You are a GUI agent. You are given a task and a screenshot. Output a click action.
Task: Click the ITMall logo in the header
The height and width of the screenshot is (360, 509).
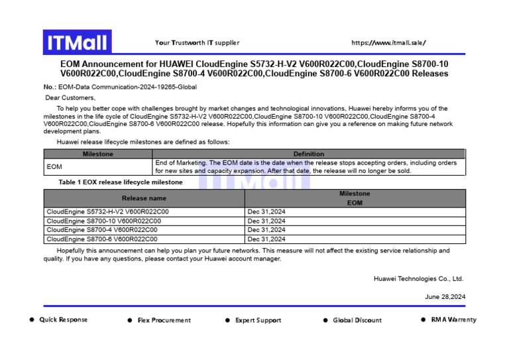[77, 42]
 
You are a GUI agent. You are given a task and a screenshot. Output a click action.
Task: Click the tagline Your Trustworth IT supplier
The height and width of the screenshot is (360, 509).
[198, 43]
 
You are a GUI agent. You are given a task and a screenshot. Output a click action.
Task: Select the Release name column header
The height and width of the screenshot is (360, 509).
[144, 198]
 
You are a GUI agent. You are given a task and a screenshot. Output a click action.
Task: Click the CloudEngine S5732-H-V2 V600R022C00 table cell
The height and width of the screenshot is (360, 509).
[107, 212]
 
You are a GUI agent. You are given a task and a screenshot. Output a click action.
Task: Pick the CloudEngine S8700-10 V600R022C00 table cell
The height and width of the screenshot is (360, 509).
[103, 221]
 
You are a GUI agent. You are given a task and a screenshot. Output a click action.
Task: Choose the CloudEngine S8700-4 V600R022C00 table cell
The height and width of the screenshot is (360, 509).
[101, 230]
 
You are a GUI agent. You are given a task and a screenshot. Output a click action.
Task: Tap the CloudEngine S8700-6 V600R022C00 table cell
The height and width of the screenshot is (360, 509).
[101, 239]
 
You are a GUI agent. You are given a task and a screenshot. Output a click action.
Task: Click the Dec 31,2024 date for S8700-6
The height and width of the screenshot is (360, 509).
[266, 239]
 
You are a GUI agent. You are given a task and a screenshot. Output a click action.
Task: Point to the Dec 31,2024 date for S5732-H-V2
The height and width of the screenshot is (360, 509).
[266, 212]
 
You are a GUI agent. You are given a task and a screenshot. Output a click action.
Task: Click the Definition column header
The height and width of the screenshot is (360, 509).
[309, 154]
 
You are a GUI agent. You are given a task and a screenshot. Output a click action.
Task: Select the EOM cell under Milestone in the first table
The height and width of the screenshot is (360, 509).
[54, 167]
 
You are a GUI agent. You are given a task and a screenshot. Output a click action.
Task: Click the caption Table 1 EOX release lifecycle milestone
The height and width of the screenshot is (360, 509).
[121, 182]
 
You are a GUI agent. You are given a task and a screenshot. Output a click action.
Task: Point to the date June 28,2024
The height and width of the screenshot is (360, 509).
[445, 297]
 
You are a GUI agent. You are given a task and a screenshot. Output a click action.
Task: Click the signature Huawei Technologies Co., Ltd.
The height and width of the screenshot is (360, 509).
[418, 279]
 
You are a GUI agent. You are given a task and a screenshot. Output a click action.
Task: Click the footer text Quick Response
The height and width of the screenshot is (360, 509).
[63, 320]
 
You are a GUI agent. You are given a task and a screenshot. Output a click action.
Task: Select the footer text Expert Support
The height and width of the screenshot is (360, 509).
[258, 321]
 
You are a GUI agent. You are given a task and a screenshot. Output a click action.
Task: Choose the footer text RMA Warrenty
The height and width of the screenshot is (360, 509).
[453, 320]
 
